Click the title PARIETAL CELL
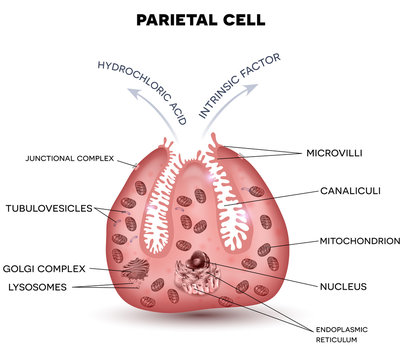pos(203,19)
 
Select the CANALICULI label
pos(346,190)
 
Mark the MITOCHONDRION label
pos(358,241)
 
